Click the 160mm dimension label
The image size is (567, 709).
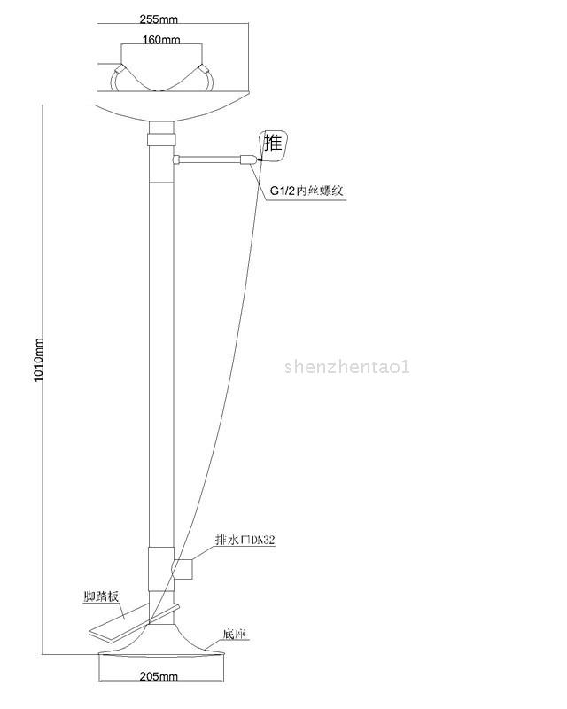point(162,40)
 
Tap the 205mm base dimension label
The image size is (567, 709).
point(159,676)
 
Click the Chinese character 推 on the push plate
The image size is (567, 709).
point(274,143)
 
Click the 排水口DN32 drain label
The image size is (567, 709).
point(246,539)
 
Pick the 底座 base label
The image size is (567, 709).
point(235,635)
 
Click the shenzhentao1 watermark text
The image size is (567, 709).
point(347,366)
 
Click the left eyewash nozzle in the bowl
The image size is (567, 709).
point(117,80)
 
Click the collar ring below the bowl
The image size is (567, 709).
point(159,140)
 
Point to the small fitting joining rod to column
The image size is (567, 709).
point(176,160)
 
